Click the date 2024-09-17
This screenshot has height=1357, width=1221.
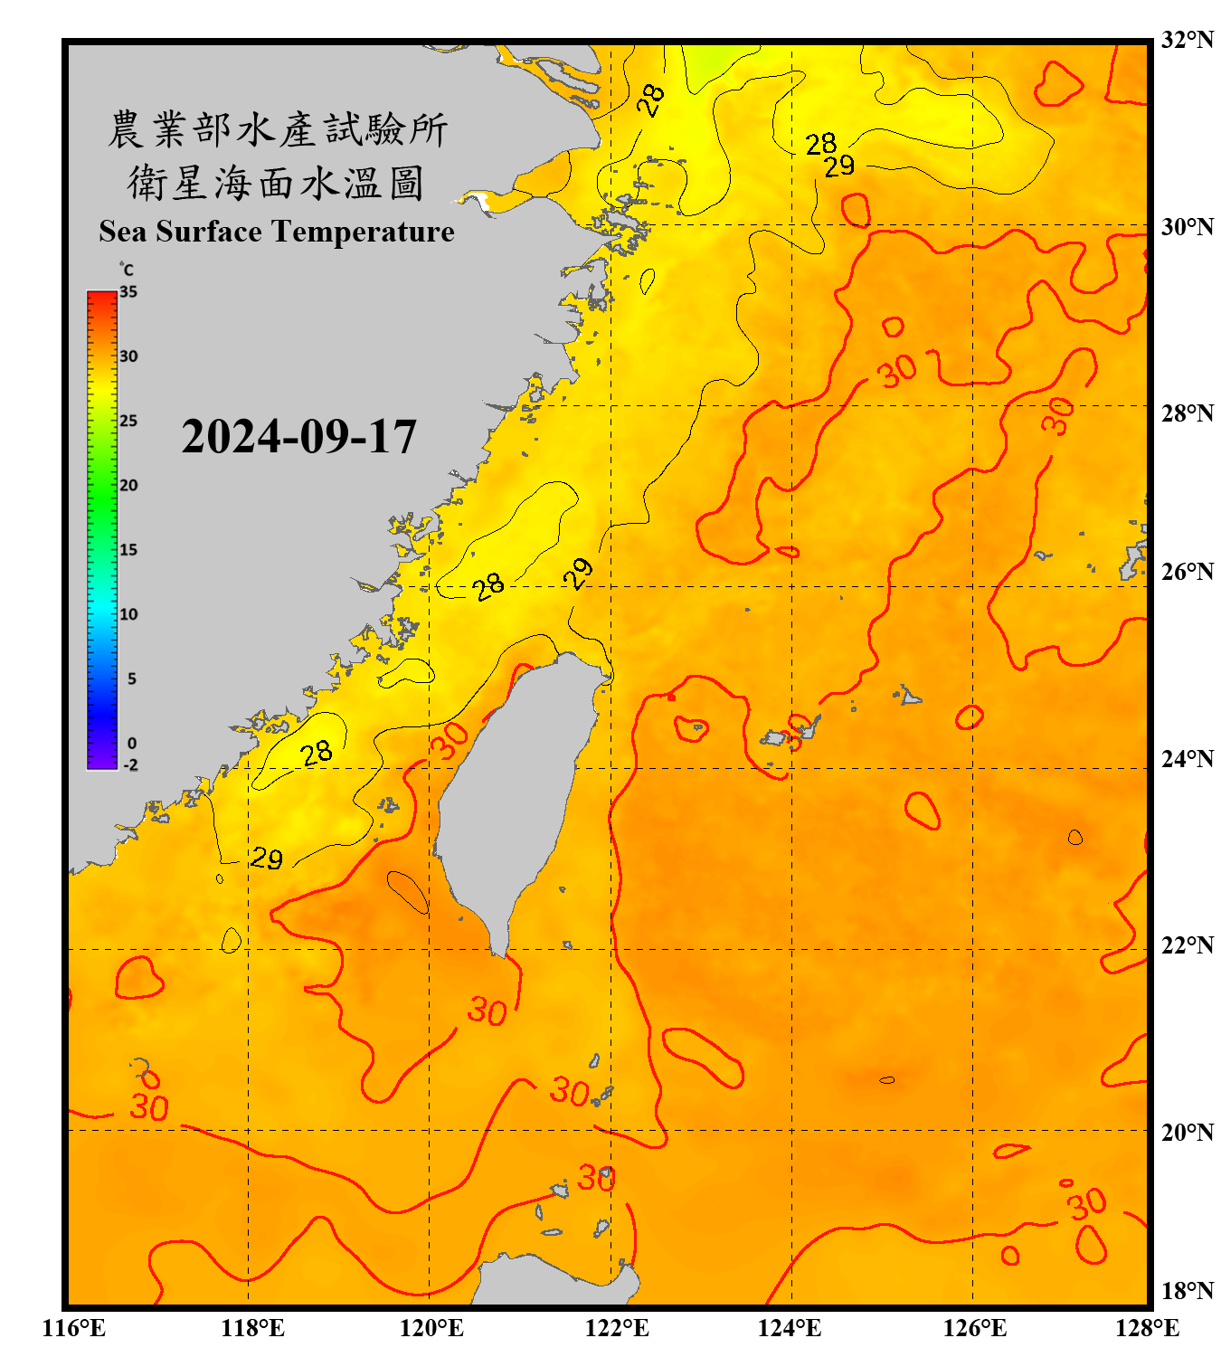[298, 437]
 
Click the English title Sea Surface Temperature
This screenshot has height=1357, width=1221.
[277, 232]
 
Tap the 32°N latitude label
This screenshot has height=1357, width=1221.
[1187, 40]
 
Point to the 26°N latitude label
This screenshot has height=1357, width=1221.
[1187, 572]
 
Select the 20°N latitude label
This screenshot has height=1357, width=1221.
[1187, 1132]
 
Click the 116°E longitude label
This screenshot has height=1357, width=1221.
[74, 1328]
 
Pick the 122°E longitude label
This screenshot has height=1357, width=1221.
[617, 1328]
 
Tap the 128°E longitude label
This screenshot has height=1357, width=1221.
[1147, 1328]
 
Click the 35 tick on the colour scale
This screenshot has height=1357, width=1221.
[128, 292]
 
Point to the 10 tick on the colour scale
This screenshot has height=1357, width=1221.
[128, 614]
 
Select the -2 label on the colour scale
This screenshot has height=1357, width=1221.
[130, 765]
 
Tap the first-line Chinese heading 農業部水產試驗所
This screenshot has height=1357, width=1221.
[277, 129]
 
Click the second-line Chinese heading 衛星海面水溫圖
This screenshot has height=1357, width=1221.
[276, 183]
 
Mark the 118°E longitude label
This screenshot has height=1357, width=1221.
[252, 1328]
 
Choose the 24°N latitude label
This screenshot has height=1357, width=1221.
[1187, 758]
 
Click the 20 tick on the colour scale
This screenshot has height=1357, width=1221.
[128, 485]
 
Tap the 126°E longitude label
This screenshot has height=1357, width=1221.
[974, 1328]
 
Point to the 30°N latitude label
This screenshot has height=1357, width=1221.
[1187, 227]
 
